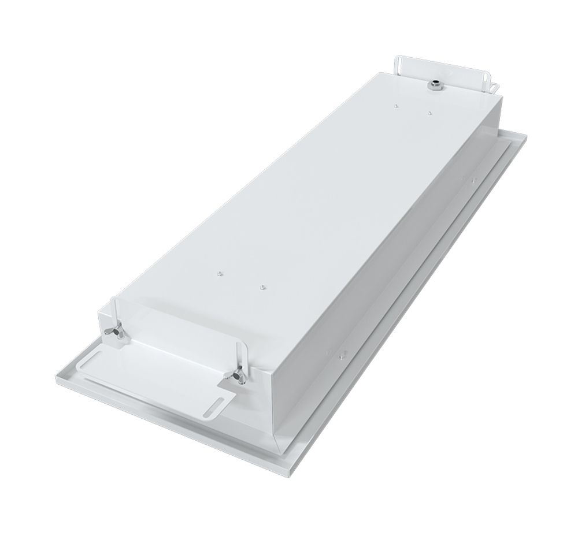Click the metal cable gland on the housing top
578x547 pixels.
click(433, 85)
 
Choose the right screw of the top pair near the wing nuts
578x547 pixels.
click(261, 285)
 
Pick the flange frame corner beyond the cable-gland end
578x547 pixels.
click(527, 136)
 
